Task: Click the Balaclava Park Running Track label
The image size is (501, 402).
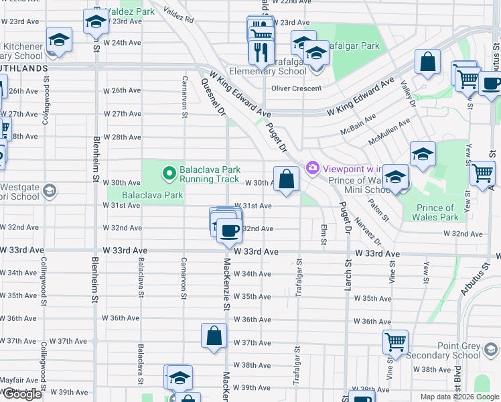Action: [210, 174]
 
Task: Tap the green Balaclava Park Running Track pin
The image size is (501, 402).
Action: [169, 174]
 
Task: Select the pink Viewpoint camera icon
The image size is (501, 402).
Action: [312, 167]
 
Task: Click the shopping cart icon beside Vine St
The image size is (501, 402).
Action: [395, 342]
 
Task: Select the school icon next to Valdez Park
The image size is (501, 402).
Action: [96, 22]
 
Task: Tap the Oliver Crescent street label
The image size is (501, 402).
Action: [297, 88]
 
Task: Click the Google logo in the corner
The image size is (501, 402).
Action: [22, 394]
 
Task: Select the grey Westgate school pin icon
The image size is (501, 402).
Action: [48, 192]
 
